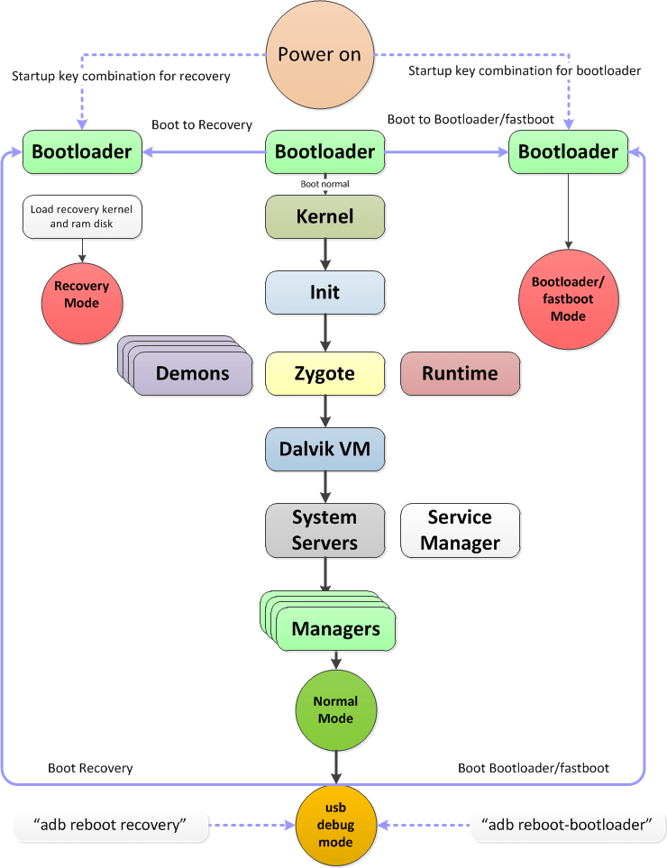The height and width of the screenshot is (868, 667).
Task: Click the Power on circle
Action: click(x=319, y=54)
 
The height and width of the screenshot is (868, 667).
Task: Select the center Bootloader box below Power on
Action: click(x=324, y=152)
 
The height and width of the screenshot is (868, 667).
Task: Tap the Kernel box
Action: click(x=324, y=217)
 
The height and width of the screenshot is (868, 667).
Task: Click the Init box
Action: click(x=324, y=292)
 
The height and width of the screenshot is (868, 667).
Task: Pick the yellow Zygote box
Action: click(x=324, y=373)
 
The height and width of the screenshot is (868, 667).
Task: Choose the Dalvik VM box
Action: click(x=324, y=449)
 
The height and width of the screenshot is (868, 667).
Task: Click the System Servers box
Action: click(x=324, y=530)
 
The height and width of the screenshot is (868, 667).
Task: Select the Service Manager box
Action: click(x=460, y=530)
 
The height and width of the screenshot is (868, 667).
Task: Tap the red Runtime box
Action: click(x=460, y=373)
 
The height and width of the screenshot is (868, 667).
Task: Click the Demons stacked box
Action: click(x=192, y=373)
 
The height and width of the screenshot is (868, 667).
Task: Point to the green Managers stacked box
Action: click(x=335, y=628)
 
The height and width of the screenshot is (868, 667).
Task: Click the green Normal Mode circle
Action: click(x=335, y=710)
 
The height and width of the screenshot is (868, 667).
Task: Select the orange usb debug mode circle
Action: click(x=335, y=824)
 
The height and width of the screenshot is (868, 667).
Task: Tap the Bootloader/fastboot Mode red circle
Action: click(x=569, y=300)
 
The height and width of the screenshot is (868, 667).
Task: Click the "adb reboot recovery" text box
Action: click(x=112, y=824)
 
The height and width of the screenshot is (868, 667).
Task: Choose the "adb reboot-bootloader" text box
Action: click(x=568, y=824)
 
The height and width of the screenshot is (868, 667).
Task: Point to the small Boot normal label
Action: click(x=324, y=184)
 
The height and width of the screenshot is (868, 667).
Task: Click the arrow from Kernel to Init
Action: click(x=324, y=254)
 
